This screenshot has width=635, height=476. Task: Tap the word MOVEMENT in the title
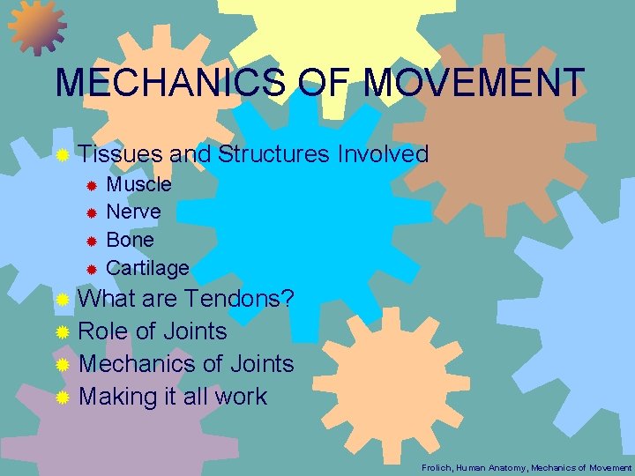tap(474, 84)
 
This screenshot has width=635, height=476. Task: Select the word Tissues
tap(120, 155)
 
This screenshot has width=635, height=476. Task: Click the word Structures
tap(273, 155)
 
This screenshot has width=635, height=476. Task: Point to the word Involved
tap(382, 155)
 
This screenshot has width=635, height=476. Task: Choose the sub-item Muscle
tap(138, 185)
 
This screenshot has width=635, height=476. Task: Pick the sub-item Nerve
tap(133, 212)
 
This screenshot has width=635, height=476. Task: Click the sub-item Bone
tap(130, 240)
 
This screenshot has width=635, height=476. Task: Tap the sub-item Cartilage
tap(147, 267)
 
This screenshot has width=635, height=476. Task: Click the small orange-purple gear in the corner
tap(36, 26)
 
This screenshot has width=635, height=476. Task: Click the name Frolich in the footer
tap(437, 466)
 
